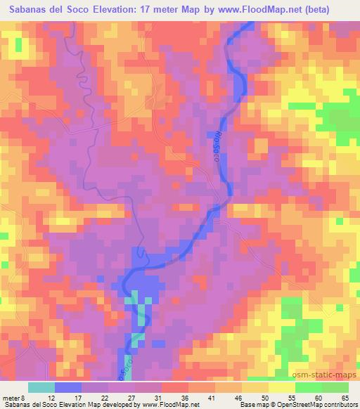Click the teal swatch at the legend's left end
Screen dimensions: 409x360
(x=42, y=387)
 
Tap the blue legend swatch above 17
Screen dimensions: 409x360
(x=69, y=387)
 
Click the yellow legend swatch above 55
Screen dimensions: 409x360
(x=282, y=387)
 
